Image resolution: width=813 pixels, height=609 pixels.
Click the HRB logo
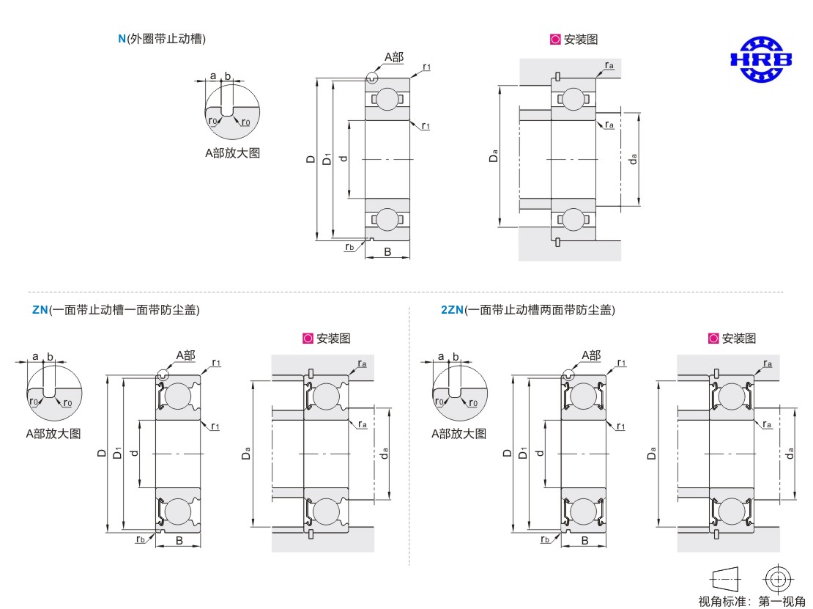point(761,59)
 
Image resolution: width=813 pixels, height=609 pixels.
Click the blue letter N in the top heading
point(122,39)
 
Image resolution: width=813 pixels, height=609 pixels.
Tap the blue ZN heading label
point(40,310)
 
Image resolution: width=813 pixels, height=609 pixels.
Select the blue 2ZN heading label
point(452,310)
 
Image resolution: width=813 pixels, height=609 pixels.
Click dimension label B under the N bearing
point(387,252)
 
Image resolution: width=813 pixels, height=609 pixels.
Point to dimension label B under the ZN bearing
point(178,542)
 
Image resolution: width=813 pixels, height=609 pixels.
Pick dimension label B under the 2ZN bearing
point(584,542)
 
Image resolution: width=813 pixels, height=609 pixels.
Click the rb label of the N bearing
point(350,247)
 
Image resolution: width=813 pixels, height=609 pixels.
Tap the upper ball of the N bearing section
point(387,99)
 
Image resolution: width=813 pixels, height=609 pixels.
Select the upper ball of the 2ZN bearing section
point(584,396)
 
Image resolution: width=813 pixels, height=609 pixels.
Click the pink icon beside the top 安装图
point(555,40)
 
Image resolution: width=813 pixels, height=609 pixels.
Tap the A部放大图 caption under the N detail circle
point(232,153)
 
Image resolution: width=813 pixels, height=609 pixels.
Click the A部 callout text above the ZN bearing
point(185,355)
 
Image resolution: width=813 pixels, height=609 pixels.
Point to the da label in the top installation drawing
point(633,158)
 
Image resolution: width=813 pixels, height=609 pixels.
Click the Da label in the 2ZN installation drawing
point(651,454)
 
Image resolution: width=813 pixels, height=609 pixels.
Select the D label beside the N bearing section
point(311,158)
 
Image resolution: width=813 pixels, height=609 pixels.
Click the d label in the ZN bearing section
point(133,454)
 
